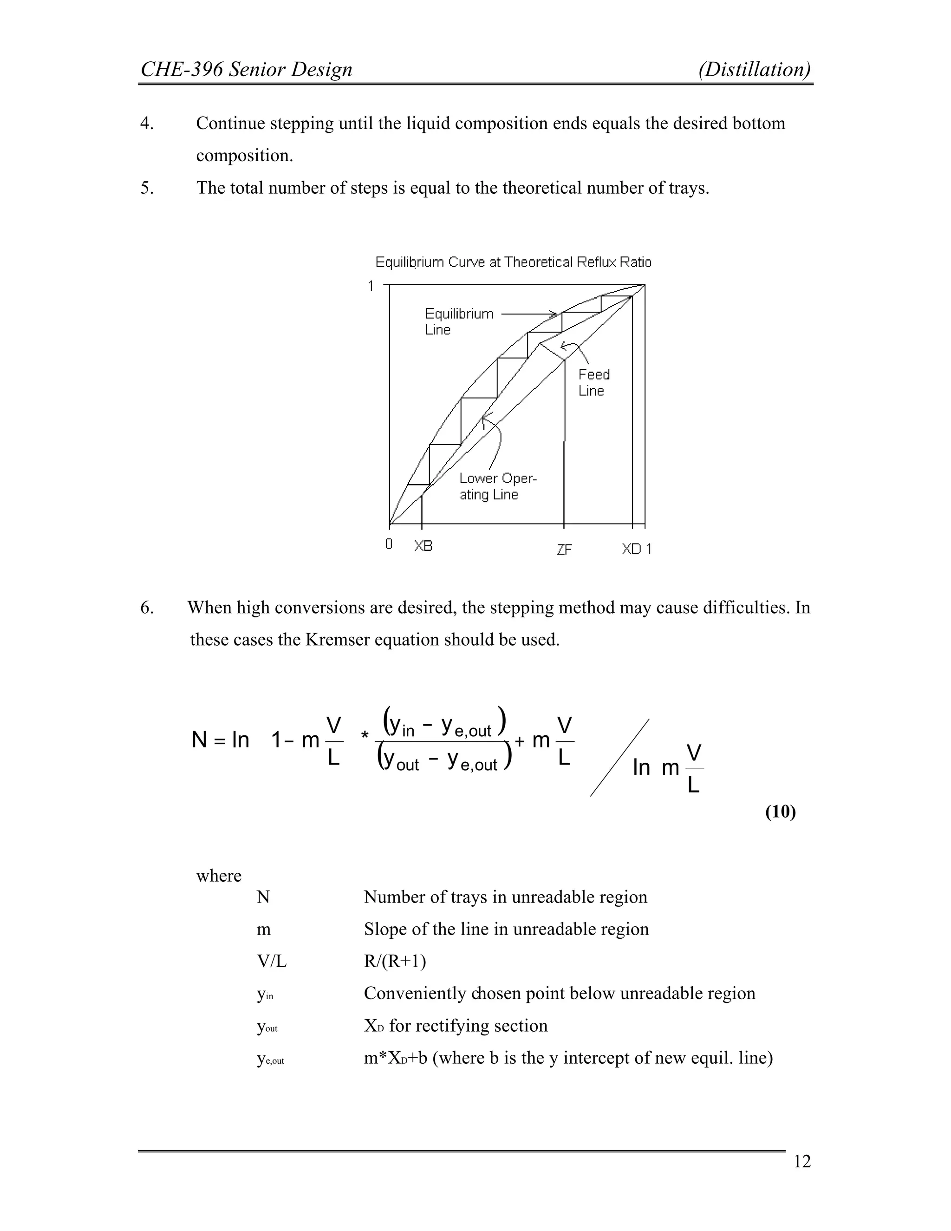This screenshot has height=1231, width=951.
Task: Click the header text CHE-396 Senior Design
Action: [x=246, y=70]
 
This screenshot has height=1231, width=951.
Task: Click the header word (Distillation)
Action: [x=755, y=70]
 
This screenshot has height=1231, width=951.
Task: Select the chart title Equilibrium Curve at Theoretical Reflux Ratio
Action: [x=513, y=262]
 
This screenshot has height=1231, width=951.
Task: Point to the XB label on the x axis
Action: [x=423, y=546]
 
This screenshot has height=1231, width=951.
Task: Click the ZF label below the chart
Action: [x=564, y=550]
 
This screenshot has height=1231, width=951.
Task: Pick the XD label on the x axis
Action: [x=632, y=549]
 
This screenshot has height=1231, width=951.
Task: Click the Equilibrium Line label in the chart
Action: [x=459, y=321]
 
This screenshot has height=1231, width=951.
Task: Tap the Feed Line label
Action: [x=594, y=382]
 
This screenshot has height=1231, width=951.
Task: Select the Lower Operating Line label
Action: [x=497, y=486]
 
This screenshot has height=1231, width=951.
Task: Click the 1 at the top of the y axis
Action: [x=371, y=286]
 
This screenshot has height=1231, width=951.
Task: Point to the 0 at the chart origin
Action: [x=389, y=544]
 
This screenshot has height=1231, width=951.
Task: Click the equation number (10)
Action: [x=780, y=812]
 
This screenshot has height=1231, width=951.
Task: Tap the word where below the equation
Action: [x=219, y=875]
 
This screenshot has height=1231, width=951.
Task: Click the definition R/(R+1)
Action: [x=395, y=961]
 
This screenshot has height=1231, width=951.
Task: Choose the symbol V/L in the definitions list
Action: [x=272, y=962]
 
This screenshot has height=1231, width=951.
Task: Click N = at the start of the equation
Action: [x=208, y=740]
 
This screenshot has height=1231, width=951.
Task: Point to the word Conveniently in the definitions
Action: [x=417, y=993]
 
